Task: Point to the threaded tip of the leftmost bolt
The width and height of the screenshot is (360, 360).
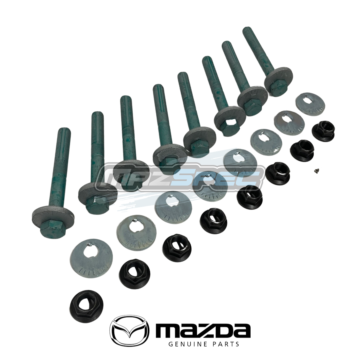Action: click(63, 132)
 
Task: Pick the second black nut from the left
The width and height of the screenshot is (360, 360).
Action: click(134, 274)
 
